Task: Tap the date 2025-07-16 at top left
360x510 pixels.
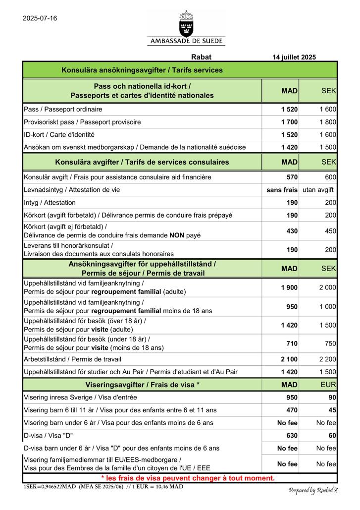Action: (40, 18)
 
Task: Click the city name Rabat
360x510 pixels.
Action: (201, 57)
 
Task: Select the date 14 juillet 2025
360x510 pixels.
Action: (294, 57)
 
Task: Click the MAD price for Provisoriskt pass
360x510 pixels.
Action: (289, 122)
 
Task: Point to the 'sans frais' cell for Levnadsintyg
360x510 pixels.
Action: (282, 190)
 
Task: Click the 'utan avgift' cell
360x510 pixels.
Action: (318, 190)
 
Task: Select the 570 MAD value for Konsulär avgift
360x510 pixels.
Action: (292, 177)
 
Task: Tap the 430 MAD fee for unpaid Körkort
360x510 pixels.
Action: (292, 231)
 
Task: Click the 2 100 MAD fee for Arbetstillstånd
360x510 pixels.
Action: (289, 359)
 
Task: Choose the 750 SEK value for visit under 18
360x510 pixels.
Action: (330, 343)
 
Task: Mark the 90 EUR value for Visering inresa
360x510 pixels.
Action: (332, 397)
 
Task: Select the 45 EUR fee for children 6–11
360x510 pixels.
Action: (332, 410)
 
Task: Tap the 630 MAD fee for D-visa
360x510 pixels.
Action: (292, 436)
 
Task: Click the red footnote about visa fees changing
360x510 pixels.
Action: (188, 478)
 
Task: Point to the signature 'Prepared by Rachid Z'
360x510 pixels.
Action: (313, 490)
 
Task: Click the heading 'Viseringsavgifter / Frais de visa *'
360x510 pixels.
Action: (143, 385)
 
